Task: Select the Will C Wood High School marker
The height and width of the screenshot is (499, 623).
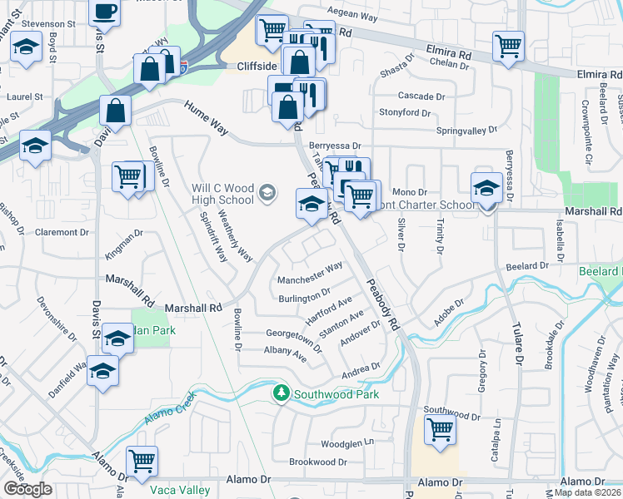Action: tap(267, 194)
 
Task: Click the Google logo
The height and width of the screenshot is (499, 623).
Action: tap(27, 489)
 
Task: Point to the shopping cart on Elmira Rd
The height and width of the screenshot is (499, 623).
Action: tap(508, 46)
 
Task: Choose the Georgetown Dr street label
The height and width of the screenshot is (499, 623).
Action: tap(293, 338)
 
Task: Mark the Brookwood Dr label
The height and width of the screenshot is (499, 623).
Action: tap(317, 462)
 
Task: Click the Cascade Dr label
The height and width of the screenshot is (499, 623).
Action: tap(426, 96)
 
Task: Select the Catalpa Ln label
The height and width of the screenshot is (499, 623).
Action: tap(502, 433)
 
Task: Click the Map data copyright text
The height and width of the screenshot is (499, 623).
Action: tap(588, 492)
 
